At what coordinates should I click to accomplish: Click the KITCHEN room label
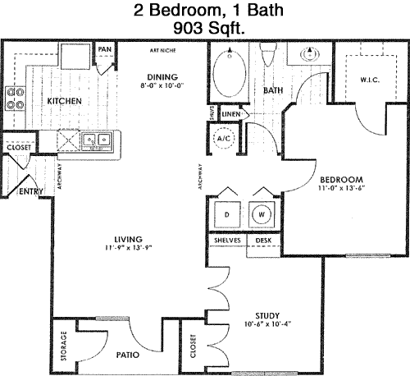click(65, 101)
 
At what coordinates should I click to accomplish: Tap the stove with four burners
click(16, 99)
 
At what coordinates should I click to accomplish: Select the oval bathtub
click(229, 73)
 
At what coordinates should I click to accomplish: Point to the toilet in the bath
click(268, 54)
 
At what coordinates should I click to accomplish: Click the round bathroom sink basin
click(310, 54)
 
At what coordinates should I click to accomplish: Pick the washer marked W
click(262, 214)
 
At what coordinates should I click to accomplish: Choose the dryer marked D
click(227, 214)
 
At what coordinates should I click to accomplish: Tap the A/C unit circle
click(224, 138)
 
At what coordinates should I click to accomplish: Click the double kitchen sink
click(97, 141)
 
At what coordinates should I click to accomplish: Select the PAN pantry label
click(105, 49)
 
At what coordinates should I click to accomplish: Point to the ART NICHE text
click(162, 50)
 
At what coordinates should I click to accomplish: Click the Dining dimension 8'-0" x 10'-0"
click(162, 85)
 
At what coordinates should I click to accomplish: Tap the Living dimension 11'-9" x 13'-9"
click(128, 248)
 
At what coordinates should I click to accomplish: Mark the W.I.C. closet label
click(370, 80)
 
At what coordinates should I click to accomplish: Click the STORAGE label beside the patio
click(64, 346)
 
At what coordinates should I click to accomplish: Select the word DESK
click(263, 241)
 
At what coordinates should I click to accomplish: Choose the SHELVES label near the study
click(227, 241)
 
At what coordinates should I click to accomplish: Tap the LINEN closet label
click(231, 114)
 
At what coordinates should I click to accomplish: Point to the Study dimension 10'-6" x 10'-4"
click(267, 324)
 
